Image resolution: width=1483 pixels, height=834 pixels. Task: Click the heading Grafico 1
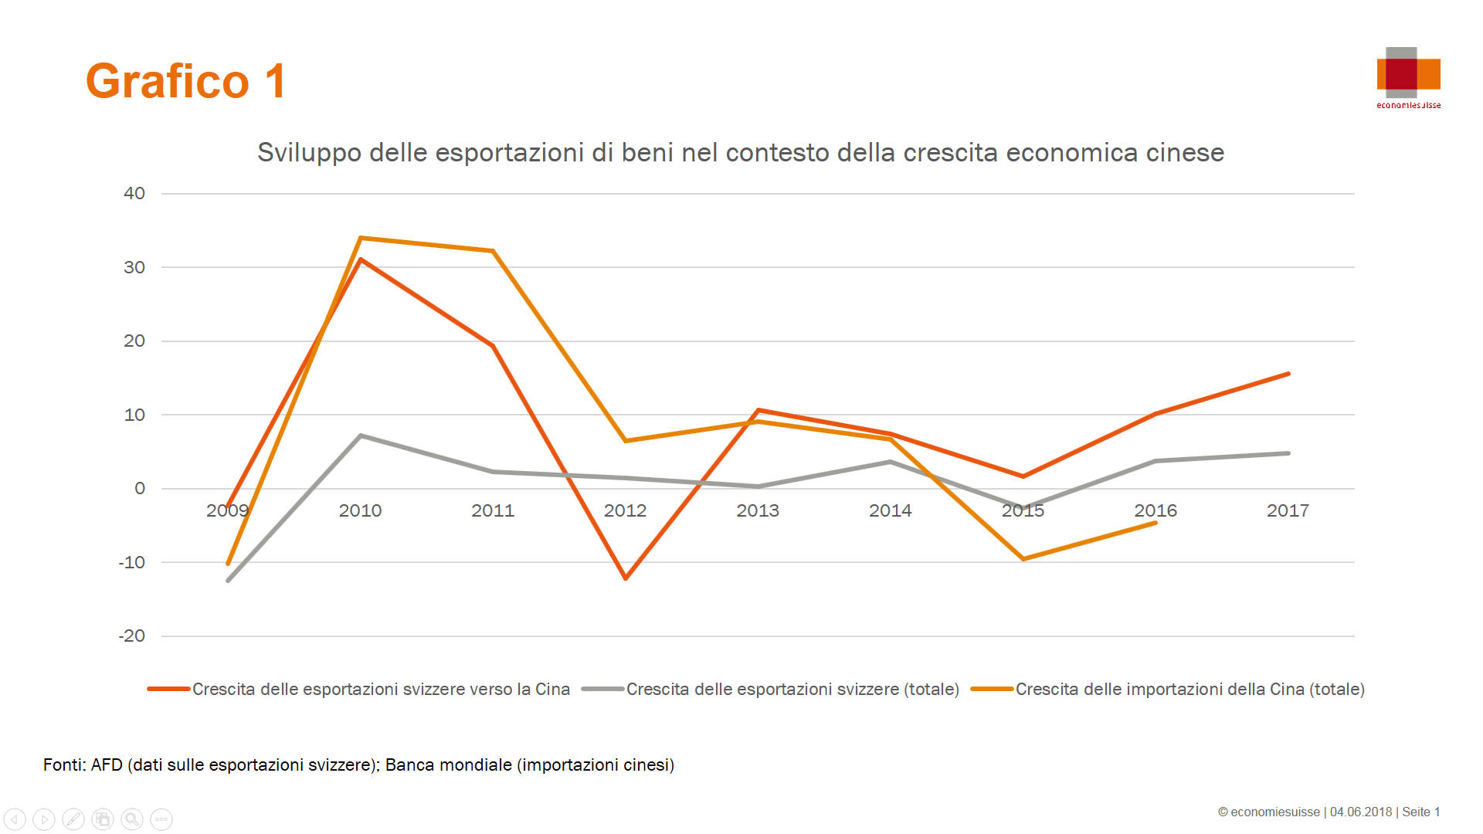pos(185,81)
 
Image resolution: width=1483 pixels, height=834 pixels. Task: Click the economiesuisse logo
pos(1408,77)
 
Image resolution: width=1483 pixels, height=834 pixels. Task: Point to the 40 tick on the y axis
pos(134,193)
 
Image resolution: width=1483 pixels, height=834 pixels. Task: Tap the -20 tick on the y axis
pos(132,636)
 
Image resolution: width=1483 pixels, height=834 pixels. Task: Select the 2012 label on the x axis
pos(625,510)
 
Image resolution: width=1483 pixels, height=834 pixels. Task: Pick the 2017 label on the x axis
pos(1288,510)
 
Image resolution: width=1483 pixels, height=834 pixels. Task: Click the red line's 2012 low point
pos(626,578)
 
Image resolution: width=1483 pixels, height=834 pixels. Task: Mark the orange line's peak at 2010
pos(361,238)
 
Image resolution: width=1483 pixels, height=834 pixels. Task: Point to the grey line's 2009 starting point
pos(228,581)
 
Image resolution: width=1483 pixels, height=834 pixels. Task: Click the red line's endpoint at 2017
pos(1288,374)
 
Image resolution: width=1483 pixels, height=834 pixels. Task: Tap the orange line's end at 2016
pos(1156,523)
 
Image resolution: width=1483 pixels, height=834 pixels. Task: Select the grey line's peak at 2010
pos(361,436)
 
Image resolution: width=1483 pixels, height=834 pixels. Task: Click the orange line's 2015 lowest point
pos(1023,559)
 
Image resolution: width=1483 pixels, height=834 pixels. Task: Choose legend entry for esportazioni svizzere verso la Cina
pos(380,689)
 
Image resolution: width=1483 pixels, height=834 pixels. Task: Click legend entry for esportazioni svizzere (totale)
pos(792,689)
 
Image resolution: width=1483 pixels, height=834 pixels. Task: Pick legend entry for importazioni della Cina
pos(1189,689)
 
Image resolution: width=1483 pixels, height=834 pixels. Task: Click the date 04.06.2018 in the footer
pos(1360,812)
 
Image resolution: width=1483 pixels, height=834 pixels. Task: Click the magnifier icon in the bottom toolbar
pos(132,819)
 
